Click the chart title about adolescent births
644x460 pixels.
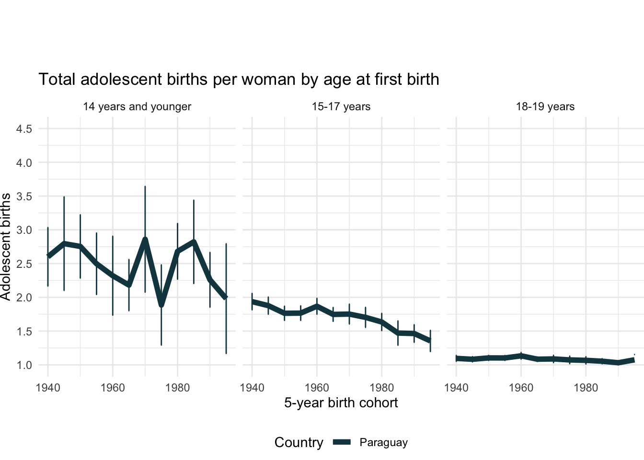click(239, 80)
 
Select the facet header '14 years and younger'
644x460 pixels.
click(137, 107)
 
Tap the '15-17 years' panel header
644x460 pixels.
click(341, 107)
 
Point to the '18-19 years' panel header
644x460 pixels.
click(545, 107)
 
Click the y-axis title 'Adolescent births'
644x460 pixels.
click(6, 247)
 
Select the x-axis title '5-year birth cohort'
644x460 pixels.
click(341, 402)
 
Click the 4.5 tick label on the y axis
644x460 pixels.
click(24, 129)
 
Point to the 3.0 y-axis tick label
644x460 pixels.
click(24, 230)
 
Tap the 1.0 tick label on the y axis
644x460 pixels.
click(24, 365)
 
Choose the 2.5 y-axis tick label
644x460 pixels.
click(24, 264)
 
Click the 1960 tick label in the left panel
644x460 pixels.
click(113, 387)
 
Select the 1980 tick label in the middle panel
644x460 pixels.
click(381, 387)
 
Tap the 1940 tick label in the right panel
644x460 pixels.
click(456, 387)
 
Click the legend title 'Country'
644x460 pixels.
click(299, 442)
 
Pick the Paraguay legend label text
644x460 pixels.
click(383, 442)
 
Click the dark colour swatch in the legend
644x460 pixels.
click(342, 442)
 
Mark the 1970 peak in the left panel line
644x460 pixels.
click(145, 240)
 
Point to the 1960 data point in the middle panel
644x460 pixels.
click(317, 306)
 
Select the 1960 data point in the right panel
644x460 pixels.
click(521, 356)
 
